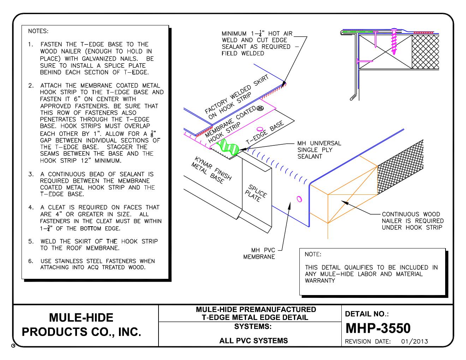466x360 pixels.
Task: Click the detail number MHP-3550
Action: [x=378, y=328]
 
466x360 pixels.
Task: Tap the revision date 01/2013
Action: [x=414, y=341]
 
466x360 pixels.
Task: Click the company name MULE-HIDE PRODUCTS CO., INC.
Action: [x=82, y=325]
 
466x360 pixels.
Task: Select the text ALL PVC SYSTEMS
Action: [x=253, y=341]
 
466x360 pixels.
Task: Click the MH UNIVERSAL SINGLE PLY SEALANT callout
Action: [x=319, y=150]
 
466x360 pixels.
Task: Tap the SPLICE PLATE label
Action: [x=256, y=193]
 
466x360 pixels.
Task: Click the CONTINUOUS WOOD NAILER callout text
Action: [x=412, y=221]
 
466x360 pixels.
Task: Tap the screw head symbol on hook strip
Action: [x=261, y=109]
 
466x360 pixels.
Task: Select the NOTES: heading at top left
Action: [x=38, y=31]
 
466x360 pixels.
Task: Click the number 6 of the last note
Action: [x=30, y=261]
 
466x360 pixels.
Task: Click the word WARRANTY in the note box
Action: [x=320, y=281]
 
